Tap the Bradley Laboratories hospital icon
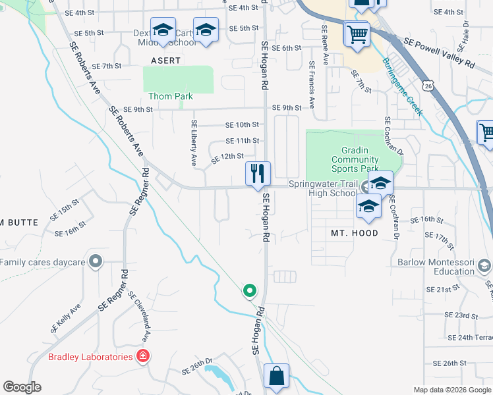click(142, 357)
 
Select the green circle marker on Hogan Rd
click(250, 290)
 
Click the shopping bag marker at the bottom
click(277, 377)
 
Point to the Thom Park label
click(171, 96)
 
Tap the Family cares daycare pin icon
click(96, 262)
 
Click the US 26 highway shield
click(429, 86)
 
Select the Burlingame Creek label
click(402, 86)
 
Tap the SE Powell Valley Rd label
click(439, 54)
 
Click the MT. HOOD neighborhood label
click(355, 233)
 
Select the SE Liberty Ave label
click(194, 142)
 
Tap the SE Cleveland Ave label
click(140, 316)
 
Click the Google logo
click(22, 387)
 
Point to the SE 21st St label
click(442, 290)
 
